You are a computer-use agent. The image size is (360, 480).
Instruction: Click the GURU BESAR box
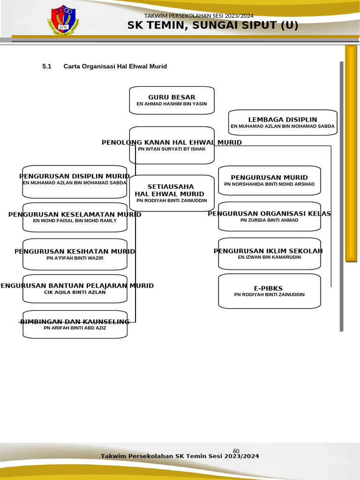tap(172, 100)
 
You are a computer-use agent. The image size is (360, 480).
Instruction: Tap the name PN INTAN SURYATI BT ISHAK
tap(172, 149)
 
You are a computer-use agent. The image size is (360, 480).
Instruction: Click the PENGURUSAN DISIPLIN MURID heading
tap(75, 176)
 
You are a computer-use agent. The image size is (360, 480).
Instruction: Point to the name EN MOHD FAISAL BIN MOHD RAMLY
tap(75, 220)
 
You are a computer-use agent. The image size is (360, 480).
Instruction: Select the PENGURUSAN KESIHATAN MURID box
tap(75, 255)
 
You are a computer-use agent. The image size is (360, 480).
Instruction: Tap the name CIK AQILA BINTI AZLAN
tap(75, 292)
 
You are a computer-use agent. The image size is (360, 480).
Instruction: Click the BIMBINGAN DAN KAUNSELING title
tap(75, 322)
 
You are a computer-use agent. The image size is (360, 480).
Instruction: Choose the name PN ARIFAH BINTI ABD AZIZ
tap(75, 328)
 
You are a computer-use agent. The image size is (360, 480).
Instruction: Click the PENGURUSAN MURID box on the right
tap(270, 180)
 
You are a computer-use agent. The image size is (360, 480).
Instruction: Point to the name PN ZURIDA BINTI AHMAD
tap(270, 220)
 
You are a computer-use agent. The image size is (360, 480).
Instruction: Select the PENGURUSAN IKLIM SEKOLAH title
tap(268, 251)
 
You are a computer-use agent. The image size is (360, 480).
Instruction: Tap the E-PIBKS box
tap(270, 291)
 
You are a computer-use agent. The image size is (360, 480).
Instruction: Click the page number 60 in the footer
tap(236, 451)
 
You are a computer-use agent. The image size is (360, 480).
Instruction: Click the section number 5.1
tap(46, 67)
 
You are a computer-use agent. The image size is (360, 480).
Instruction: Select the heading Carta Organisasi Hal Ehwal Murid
tap(115, 67)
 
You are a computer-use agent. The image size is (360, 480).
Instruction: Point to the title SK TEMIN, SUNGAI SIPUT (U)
tap(213, 26)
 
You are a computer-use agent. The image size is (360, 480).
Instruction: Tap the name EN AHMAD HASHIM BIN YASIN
tap(172, 104)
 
